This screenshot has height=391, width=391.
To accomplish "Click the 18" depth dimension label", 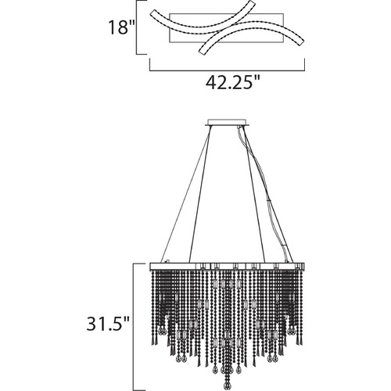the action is click(121, 27).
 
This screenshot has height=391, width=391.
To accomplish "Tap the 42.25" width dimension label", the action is click(233, 82).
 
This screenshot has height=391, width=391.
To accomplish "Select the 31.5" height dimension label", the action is click(108, 324).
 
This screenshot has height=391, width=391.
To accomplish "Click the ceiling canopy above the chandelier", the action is click(227, 123).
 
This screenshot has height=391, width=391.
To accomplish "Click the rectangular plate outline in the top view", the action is click(226, 13).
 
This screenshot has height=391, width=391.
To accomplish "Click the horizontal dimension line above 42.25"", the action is click(227, 70).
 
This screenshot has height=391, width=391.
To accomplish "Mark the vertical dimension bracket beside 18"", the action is click(137, 27).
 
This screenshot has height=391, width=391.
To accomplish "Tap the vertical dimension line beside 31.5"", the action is click(135, 327).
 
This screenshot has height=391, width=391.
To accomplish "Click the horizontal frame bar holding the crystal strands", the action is click(227, 267).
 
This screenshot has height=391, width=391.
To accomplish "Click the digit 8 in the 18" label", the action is click(123, 27).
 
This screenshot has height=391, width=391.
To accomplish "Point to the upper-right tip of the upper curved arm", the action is click(253, 2).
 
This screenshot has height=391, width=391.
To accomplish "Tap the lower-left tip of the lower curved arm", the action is click(201, 52).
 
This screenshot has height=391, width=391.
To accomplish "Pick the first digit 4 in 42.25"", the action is click(211, 82).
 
